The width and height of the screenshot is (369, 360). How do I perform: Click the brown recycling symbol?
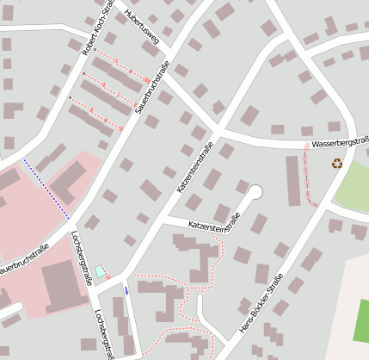tap(337, 163)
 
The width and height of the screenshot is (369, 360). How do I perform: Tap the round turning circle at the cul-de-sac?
tap(255, 192)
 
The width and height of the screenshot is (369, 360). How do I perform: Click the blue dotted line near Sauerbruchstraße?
tap(45, 187)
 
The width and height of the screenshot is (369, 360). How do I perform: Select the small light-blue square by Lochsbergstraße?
tap(100, 271)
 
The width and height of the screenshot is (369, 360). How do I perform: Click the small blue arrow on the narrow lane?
tap(127, 290)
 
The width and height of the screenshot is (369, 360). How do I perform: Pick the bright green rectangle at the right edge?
tap(361, 320)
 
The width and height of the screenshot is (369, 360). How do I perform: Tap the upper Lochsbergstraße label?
tap(83, 257)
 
